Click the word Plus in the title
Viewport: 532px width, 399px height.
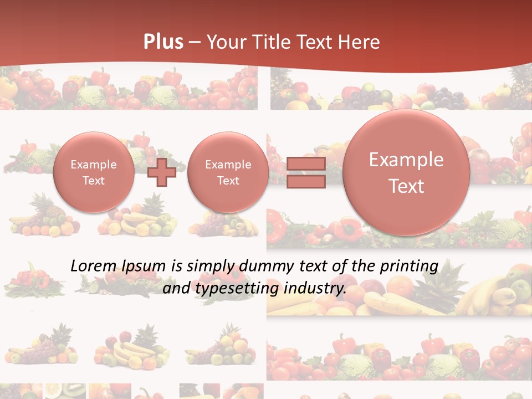pyautogui.click(x=163, y=42)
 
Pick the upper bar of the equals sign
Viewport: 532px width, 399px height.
pyautogui.click(x=306, y=164)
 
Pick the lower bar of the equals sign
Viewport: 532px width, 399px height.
pyautogui.click(x=306, y=182)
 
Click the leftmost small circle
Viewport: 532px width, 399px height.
pyautogui.click(x=94, y=172)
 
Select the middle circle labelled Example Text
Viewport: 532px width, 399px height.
pyautogui.click(x=228, y=172)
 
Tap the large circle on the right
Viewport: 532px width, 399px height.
pyautogui.click(x=406, y=172)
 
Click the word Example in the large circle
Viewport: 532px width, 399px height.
pyautogui.click(x=406, y=160)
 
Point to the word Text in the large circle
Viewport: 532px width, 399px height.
pyautogui.click(x=406, y=186)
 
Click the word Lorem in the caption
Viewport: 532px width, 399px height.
pyautogui.click(x=93, y=266)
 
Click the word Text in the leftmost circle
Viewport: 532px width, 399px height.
pyautogui.click(x=94, y=181)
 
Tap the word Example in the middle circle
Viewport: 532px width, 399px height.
pyautogui.click(x=228, y=165)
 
